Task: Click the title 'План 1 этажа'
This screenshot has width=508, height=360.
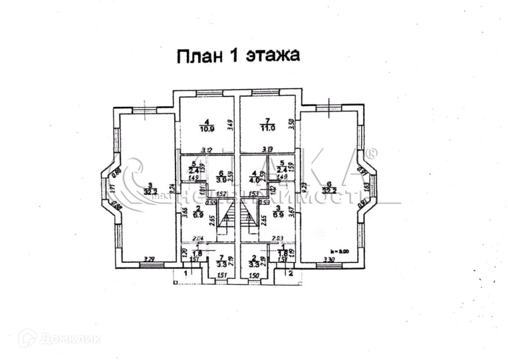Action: pyautogui.click(x=239, y=55)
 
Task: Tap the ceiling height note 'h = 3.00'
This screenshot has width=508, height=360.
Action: pyautogui.click(x=341, y=251)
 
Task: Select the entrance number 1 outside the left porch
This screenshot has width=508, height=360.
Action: pyautogui.click(x=186, y=273)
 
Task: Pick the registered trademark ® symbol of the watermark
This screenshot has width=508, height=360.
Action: pyautogui.click(x=372, y=152)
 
